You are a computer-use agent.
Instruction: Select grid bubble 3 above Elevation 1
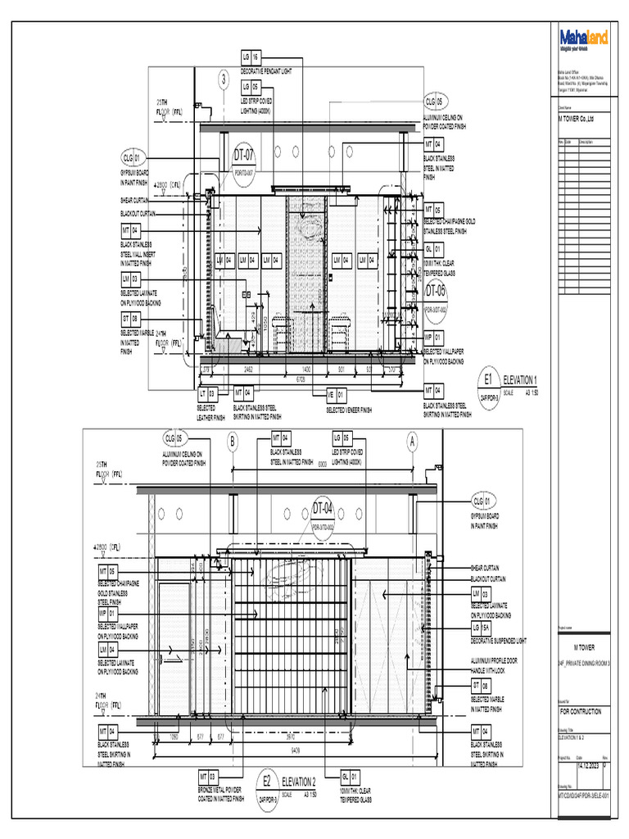[223, 79]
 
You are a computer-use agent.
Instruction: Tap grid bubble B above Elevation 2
[233, 442]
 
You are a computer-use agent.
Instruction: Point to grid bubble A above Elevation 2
[413, 442]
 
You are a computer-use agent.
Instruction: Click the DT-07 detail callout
[245, 155]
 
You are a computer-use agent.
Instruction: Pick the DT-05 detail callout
[436, 292]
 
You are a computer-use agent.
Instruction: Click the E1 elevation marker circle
[489, 381]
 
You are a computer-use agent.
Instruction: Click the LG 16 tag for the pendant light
[251, 57]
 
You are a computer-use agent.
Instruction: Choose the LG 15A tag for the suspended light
[480, 628]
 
